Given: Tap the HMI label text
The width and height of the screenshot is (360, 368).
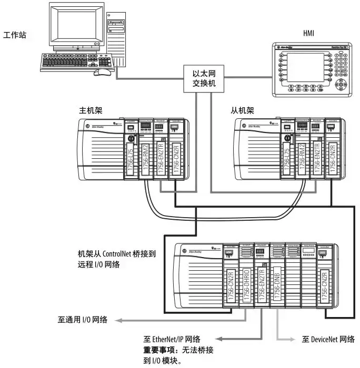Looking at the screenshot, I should point(309,33).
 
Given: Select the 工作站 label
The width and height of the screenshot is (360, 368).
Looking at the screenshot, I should point(14,35).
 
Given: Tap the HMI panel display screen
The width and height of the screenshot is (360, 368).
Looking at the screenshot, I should point(309,68).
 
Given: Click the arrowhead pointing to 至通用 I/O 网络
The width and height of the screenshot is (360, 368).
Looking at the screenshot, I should point(119,320).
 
